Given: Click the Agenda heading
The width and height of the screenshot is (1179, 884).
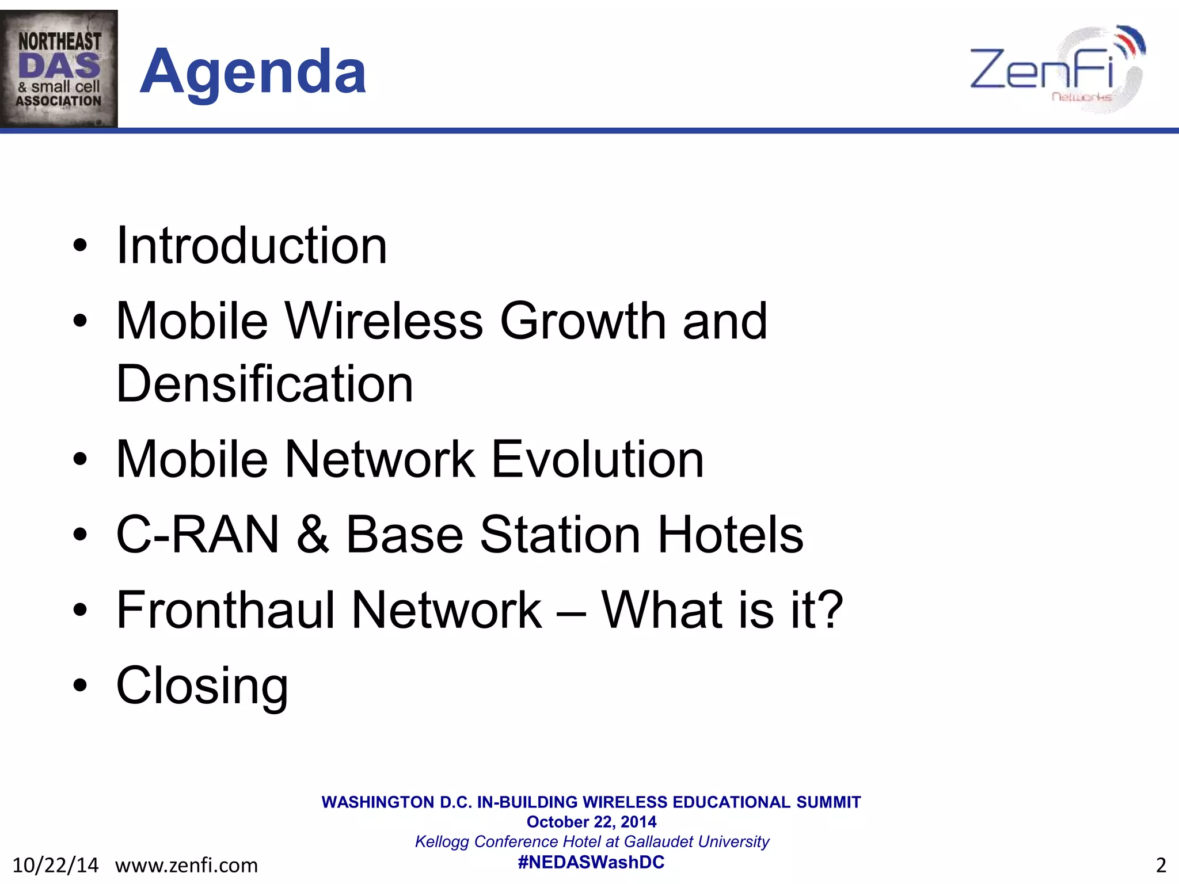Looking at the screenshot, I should coord(253,71).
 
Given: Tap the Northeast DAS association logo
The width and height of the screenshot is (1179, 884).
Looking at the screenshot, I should coord(59,68).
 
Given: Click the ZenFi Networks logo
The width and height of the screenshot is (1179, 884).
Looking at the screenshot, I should coord(1057,69).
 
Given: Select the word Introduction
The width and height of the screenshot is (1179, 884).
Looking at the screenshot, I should coord(252,246).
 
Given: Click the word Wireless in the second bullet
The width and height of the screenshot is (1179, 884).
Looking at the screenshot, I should coord(384,321).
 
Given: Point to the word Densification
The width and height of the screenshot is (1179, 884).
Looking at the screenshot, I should coord(265,384).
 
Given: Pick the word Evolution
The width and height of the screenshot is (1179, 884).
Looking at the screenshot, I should coord(598,459).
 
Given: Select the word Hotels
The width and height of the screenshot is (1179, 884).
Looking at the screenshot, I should coord(730,535).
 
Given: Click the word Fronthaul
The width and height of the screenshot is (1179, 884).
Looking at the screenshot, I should coord(225,610).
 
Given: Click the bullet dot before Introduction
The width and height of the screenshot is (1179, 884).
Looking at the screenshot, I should coord(80,246).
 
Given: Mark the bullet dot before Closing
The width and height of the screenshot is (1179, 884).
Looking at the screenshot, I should coord(80,685).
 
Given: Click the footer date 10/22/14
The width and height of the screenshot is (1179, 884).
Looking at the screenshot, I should coord(55,865).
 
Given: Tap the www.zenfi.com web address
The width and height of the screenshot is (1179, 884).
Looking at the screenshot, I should coord(187,865).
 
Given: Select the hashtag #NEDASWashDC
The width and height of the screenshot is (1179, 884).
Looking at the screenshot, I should coord(591,862).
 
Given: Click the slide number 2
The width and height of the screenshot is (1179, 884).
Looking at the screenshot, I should coord(1161,865).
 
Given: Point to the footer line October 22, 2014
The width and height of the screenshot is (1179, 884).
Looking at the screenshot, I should coord(591,822).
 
